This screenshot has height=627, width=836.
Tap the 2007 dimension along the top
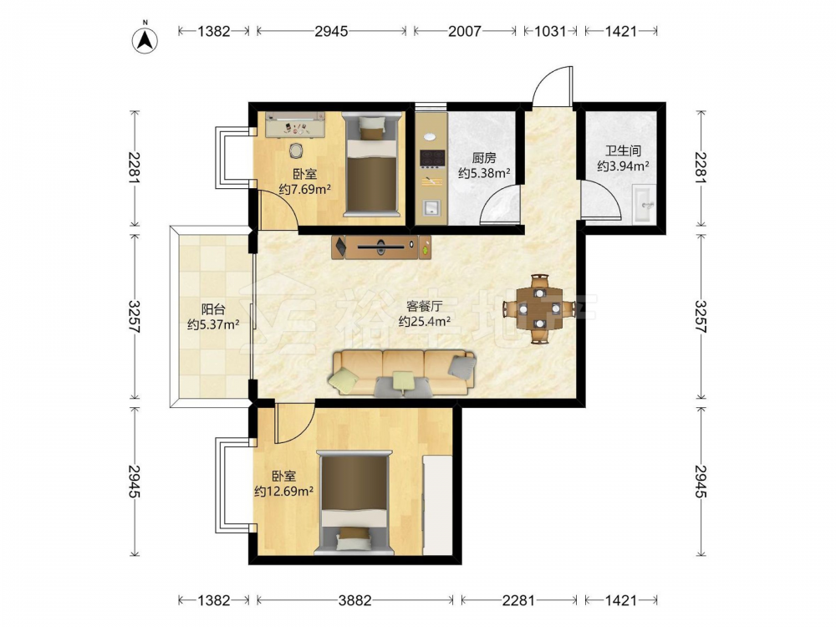[464, 32]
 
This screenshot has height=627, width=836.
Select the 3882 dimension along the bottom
[355, 601]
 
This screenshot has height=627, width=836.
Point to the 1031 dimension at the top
[550, 32]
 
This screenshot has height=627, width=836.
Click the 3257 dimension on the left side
[135, 317]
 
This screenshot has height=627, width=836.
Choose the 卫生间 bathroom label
[623, 150]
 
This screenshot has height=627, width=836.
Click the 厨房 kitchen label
[484, 158]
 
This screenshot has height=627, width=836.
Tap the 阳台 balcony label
[212, 309]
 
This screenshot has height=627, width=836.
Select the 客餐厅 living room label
[425, 306]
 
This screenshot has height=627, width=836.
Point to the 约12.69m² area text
[283, 491]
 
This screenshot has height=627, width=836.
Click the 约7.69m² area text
[305, 189]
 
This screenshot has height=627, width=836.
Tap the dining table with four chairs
[539, 308]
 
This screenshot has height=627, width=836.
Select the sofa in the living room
[403, 373]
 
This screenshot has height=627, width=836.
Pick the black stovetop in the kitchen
[432, 158]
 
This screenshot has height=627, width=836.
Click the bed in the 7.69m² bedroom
[372, 164]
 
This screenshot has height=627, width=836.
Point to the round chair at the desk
[296, 151]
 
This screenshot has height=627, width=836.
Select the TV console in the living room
[381, 247]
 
